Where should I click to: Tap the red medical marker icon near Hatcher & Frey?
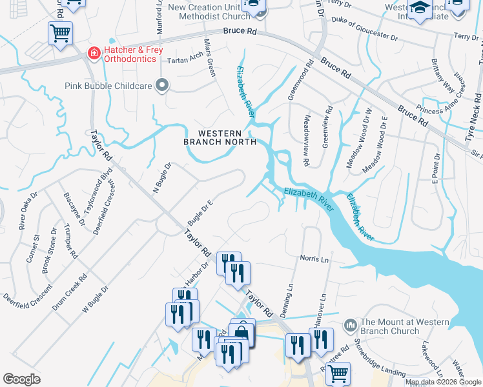coord(94,53)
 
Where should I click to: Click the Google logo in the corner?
coord(22,379)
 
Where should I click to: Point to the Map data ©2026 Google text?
coord(443,382)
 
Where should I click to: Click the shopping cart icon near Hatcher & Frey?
coord(60,32)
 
